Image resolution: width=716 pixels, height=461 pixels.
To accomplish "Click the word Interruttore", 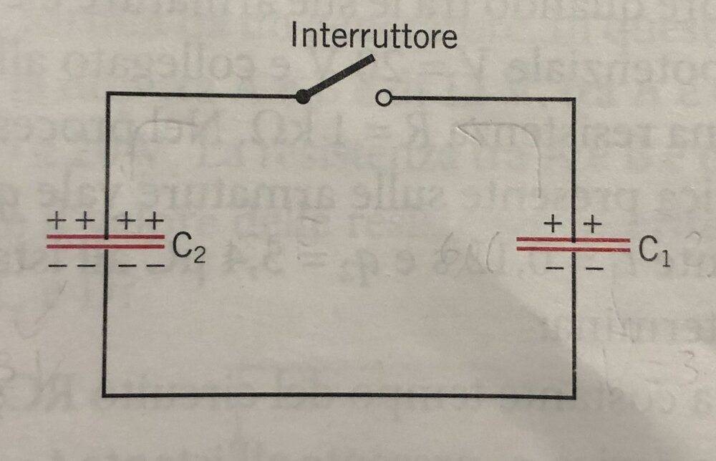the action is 374,35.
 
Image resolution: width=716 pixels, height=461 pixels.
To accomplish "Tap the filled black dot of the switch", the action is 302,97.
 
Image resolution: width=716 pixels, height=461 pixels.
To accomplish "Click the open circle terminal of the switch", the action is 384,97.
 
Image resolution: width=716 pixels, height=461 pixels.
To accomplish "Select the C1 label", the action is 654,251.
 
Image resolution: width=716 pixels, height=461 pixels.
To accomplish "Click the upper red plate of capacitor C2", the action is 105,237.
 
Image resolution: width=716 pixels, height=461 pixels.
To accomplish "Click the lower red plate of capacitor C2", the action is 105,246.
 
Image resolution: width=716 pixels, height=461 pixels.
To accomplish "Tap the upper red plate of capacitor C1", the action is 573,240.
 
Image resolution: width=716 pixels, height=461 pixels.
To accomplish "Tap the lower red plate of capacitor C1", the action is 573,249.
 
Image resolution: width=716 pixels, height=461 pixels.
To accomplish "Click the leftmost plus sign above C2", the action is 56,221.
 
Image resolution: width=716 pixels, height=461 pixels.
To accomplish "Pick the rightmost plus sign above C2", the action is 155,221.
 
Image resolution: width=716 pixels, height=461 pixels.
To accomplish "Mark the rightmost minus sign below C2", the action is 156,265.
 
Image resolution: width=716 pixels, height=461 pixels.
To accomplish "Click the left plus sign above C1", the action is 553,224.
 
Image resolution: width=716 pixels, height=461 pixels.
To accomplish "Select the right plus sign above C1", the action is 593,224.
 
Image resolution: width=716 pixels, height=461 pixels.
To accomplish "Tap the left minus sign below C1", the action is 554,268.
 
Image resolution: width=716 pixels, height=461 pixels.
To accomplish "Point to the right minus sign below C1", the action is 594,268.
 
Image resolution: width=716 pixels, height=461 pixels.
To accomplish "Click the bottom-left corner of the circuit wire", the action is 104,394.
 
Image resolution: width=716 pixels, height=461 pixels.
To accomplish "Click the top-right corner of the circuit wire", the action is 573,99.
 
